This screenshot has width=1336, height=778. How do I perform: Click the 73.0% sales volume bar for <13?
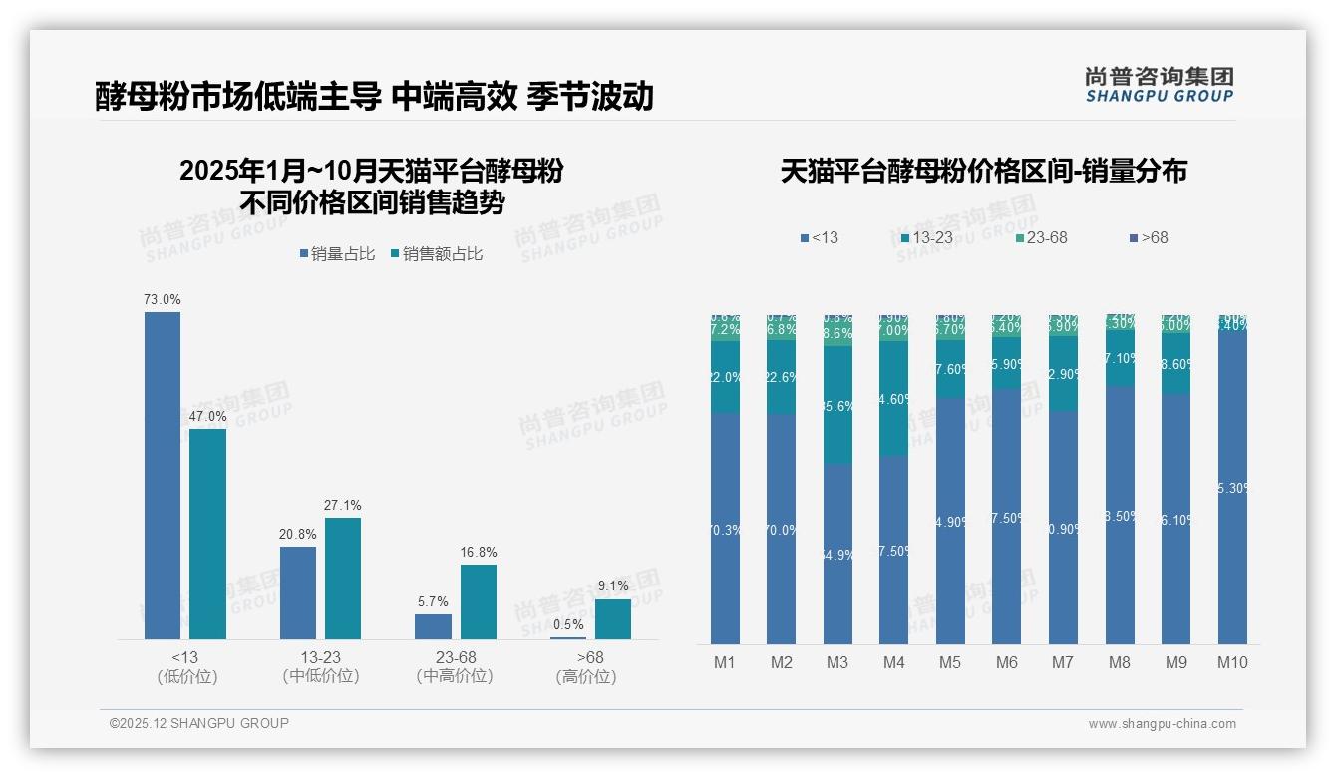tap(163, 475)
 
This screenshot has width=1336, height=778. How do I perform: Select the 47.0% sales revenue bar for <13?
tap(207, 534)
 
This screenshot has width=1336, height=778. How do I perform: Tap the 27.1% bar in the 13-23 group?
tap(343, 578)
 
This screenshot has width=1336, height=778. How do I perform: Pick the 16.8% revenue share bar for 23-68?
tap(478, 601)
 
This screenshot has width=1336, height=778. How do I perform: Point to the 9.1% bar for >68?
tap(613, 618)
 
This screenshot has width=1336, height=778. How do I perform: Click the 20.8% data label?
tap(297, 534)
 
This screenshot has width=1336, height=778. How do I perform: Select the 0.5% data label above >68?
tap(568, 624)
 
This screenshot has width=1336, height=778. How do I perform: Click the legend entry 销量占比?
tap(337, 254)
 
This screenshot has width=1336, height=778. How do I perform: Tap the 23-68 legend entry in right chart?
tap(1041, 238)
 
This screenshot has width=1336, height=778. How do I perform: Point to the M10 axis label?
tap(1233, 662)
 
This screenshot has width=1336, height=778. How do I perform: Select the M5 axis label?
tap(950, 662)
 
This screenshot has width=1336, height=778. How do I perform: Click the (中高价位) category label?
tap(455, 676)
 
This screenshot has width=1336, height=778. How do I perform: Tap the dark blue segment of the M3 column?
tap(837, 554)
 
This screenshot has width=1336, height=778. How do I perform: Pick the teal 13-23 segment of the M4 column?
tap(894, 399)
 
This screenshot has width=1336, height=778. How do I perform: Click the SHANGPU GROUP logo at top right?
tap(1159, 85)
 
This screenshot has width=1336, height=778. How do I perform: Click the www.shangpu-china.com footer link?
tap(1162, 724)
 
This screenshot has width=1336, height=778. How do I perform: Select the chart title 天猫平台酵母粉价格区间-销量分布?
tap(983, 171)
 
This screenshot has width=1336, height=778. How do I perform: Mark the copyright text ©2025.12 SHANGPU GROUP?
tap(199, 723)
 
